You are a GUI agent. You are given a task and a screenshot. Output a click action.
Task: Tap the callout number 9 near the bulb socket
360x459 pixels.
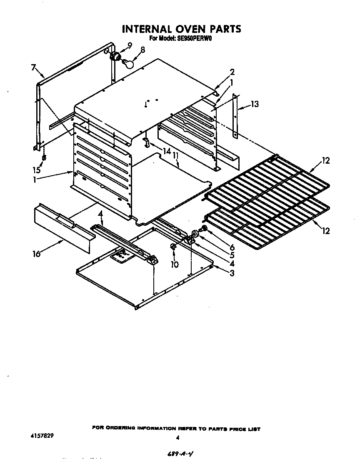(x=130, y=45)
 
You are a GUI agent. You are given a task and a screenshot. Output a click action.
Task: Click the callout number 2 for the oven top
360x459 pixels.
(x=232, y=72)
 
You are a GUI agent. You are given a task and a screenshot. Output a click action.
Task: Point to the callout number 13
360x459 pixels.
(x=255, y=104)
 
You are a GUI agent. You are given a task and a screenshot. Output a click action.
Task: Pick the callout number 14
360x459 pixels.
(x=167, y=152)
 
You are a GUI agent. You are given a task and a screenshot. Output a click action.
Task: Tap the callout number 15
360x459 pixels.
(x=37, y=170)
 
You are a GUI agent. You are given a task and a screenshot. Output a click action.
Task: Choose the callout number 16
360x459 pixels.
(x=37, y=254)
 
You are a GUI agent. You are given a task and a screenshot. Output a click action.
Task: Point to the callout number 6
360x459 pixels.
(x=232, y=247)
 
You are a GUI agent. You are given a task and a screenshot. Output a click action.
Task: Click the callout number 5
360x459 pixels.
(x=232, y=255)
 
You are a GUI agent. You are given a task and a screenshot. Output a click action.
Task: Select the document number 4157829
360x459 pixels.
(x=42, y=435)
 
